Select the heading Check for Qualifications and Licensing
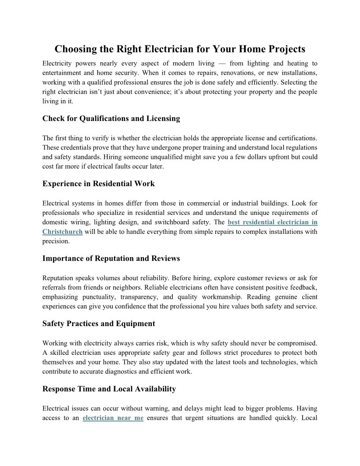[x=111, y=118]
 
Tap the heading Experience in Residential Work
[x=98, y=184]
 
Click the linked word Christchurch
[x=63, y=232]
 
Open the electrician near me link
[x=113, y=418]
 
